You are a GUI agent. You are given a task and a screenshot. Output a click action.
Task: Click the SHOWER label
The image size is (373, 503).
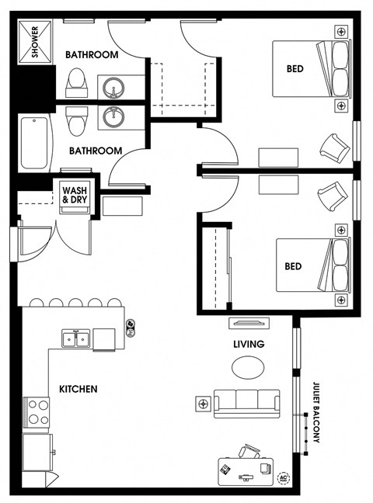point(35,42)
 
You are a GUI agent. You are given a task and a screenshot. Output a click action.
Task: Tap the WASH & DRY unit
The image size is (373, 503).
point(75,196)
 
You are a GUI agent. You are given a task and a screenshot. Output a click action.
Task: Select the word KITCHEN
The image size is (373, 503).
point(78,389)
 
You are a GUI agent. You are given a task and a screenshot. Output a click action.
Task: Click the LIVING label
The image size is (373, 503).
point(249,344)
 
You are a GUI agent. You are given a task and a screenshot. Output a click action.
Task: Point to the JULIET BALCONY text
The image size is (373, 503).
point(316,412)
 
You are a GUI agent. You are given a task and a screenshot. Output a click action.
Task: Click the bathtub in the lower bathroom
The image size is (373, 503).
point(35,143)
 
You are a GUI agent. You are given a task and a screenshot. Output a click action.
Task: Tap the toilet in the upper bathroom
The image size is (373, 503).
point(76,82)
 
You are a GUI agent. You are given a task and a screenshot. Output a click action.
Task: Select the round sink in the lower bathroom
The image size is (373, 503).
point(113,116)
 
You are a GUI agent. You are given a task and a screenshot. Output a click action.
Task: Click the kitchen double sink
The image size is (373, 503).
point(76,338)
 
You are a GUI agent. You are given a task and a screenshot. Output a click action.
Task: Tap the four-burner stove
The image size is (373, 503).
point(36,412)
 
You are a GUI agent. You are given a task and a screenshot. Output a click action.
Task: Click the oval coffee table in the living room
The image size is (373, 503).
point(248,367)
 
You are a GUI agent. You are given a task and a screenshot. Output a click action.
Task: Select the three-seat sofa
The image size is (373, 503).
point(247,404)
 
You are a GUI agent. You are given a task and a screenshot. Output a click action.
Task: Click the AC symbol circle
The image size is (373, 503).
point(284,478)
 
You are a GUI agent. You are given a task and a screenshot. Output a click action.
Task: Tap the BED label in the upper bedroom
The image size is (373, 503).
point(295,68)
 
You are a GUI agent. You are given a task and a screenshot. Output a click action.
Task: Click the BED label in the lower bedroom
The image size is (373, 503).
point(293,266)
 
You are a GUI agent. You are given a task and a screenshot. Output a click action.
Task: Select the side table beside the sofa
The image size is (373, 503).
point(203,404)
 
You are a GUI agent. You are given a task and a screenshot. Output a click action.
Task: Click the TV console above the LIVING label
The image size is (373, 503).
point(249,323)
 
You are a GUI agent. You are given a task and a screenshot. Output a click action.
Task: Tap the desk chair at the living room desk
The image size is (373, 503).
point(249,451)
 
